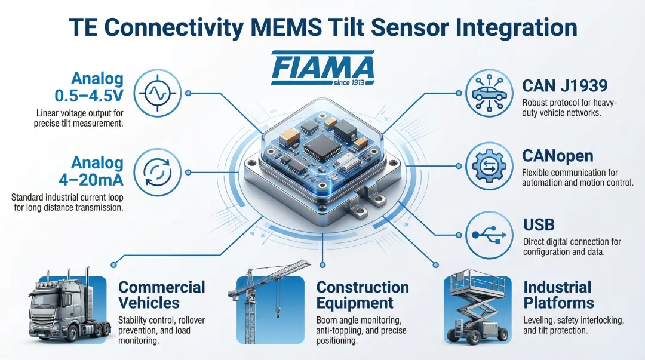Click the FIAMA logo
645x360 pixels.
pyautogui.click(x=322, y=67)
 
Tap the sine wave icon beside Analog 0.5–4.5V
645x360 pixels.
pyautogui.click(x=157, y=93)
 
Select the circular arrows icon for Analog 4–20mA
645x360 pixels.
pyautogui.click(x=157, y=173)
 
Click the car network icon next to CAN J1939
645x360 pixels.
pyautogui.click(x=489, y=93)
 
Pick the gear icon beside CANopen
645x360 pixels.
pyautogui.click(x=489, y=166)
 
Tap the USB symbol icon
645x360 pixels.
pyautogui.click(x=489, y=235)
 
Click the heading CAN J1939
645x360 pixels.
pyautogui.click(x=565, y=86)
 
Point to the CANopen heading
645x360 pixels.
pyautogui.click(x=558, y=156)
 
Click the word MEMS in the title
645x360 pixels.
pyautogui.click(x=286, y=27)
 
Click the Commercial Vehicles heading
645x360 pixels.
pyautogui.click(x=162, y=295)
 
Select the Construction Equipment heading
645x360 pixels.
pyautogui.click(x=363, y=295)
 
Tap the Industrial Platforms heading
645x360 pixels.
pyautogui.click(x=558, y=295)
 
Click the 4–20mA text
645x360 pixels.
pyautogui.click(x=91, y=180)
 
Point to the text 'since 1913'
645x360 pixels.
pyautogui.click(x=349, y=82)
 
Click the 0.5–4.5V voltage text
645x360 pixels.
pyautogui.click(x=89, y=96)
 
